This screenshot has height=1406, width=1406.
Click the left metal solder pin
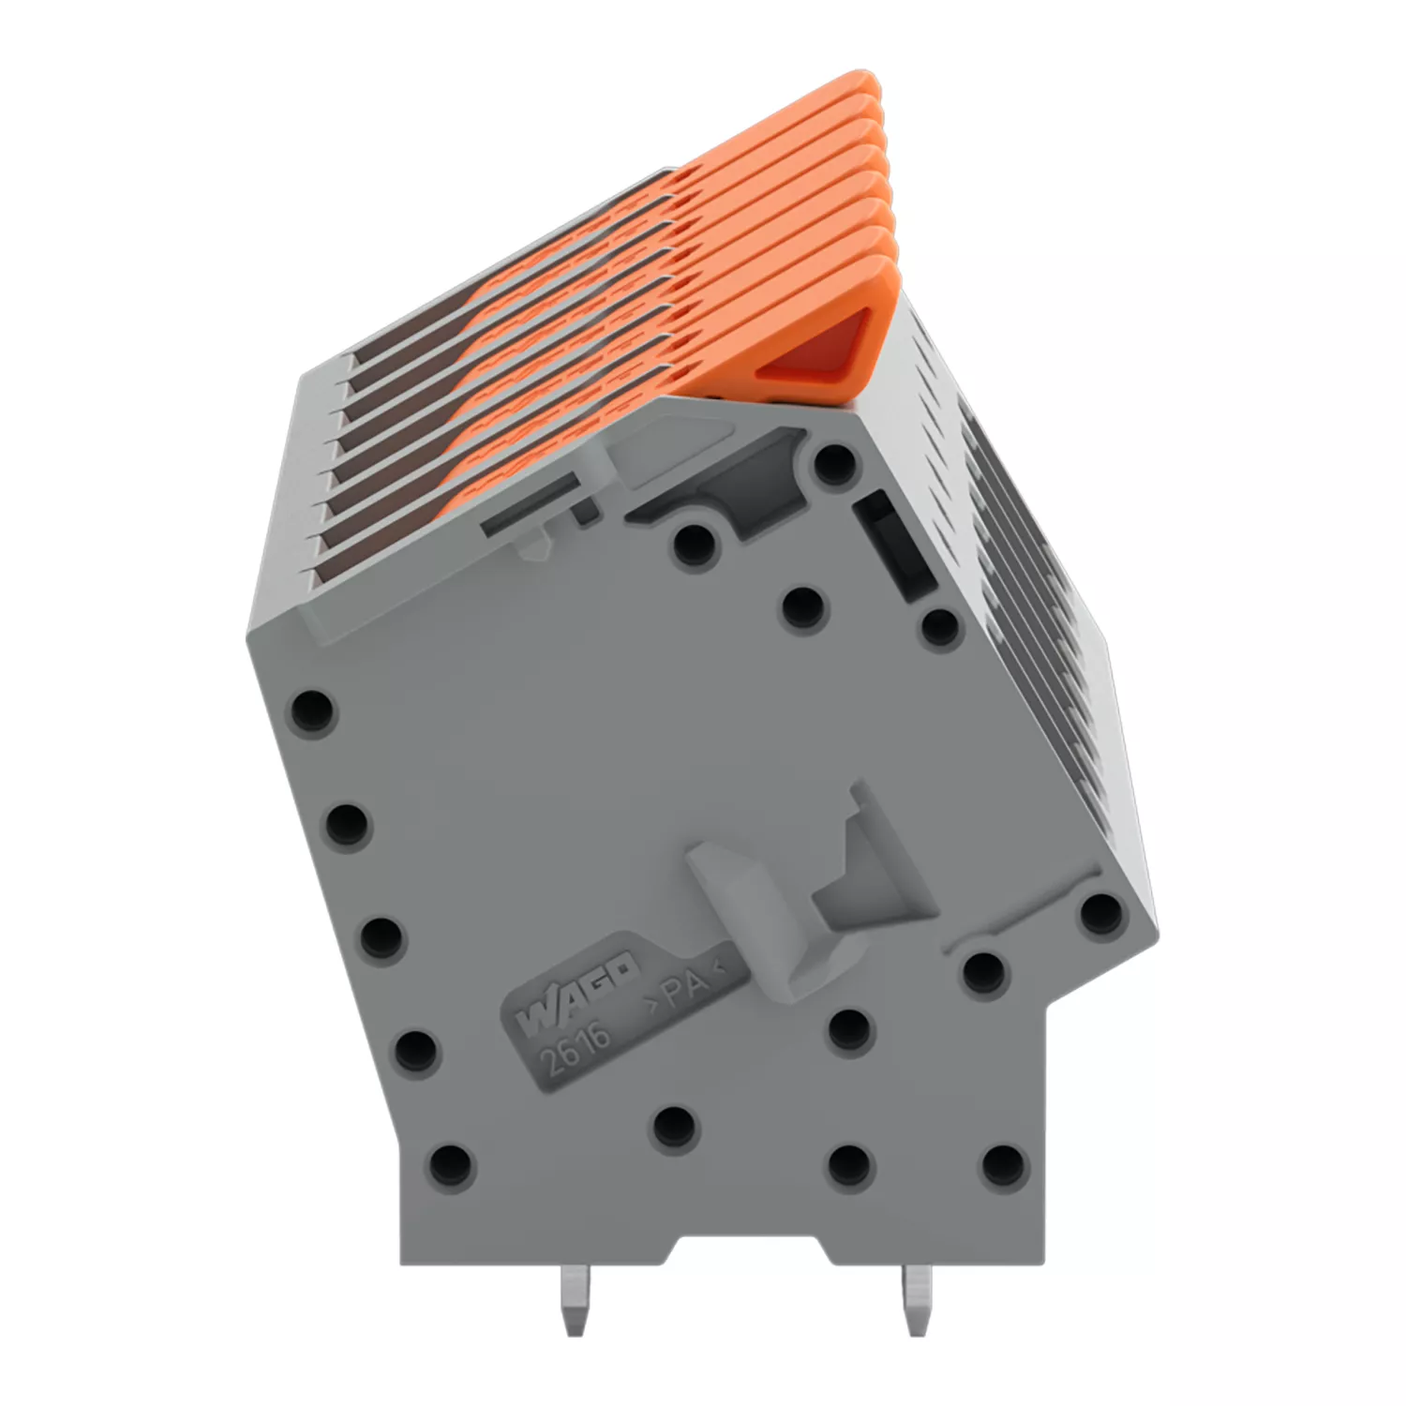[x=574, y=1300]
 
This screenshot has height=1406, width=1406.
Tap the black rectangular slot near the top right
[x=894, y=543]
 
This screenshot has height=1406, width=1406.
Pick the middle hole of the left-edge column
[x=381, y=936]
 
